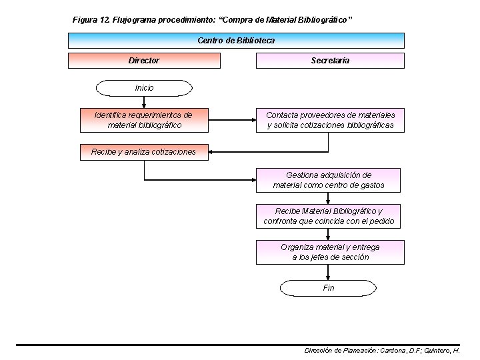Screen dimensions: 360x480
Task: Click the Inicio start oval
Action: [x=144, y=88]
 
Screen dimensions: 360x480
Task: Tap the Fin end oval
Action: [x=328, y=288]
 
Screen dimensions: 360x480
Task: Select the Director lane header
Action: [x=144, y=61]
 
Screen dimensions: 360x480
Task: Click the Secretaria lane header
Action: [x=330, y=61]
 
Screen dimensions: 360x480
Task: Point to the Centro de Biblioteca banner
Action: [x=236, y=41]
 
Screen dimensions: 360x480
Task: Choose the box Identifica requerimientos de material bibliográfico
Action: [x=144, y=120]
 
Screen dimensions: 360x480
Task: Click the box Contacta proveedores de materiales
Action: [x=330, y=120]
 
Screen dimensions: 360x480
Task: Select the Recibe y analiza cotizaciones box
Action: [x=144, y=152]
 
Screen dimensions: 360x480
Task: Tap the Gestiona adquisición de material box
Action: [x=328, y=180]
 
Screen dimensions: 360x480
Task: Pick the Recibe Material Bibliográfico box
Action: [x=328, y=216]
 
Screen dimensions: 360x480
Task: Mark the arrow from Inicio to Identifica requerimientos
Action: [x=144, y=101]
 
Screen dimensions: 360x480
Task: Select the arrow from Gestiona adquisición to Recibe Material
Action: [x=328, y=198]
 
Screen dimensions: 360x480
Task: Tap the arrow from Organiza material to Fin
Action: [x=328, y=272]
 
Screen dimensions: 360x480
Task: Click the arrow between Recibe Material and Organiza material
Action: [x=328, y=234]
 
